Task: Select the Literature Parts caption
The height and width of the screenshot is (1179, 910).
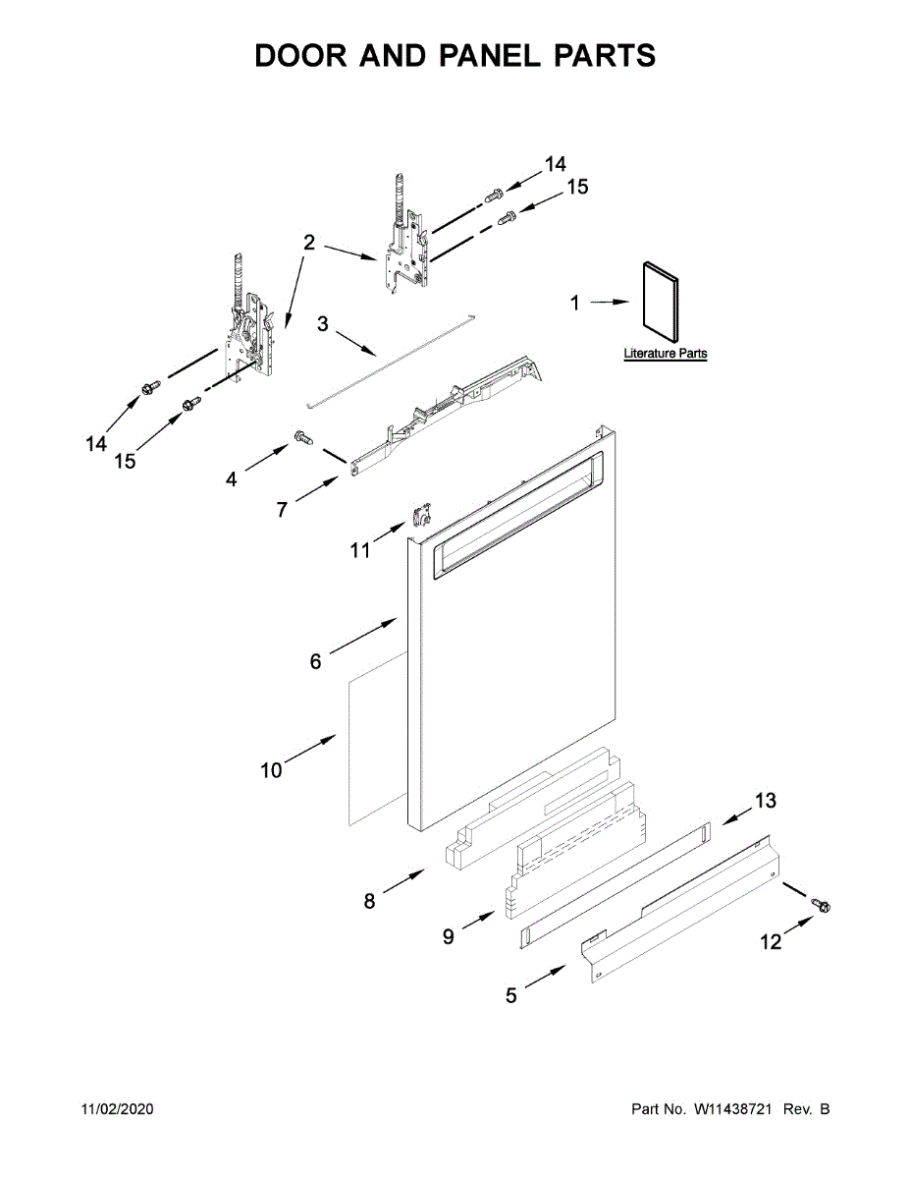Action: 665,354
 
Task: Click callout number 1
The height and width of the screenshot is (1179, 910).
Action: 576,304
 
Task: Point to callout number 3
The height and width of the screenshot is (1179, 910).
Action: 322,324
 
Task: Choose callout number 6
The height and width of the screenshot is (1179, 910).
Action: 315,662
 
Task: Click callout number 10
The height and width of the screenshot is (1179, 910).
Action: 271,770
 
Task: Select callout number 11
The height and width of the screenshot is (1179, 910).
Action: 360,551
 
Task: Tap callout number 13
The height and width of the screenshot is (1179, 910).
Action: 765,801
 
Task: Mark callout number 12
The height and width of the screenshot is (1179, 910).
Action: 771,942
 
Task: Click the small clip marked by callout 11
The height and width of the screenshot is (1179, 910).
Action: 423,515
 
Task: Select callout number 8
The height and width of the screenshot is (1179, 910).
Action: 369,901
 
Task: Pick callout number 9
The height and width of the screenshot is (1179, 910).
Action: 448,937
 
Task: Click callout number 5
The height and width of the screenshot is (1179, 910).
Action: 510,995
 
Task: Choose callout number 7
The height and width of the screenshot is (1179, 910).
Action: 282,510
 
